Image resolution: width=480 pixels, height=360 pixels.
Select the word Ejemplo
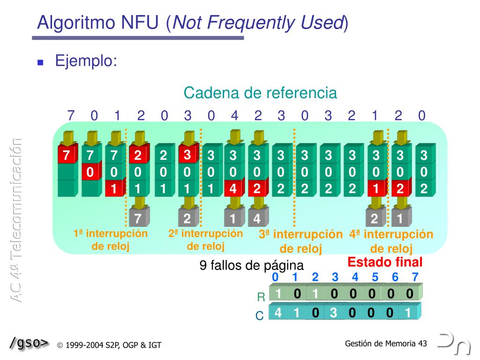(x=86, y=61)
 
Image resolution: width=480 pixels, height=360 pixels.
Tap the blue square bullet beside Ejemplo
(x=40, y=62)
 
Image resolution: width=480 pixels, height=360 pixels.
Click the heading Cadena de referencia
(x=260, y=93)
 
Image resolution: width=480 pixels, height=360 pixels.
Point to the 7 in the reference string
(x=71, y=115)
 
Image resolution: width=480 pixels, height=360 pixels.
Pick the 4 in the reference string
(x=234, y=115)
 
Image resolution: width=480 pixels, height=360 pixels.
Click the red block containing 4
(x=233, y=188)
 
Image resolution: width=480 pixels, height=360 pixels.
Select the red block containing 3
(x=187, y=155)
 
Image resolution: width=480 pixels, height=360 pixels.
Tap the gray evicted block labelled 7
(x=138, y=218)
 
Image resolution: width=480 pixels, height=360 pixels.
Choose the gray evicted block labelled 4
(x=257, y=218)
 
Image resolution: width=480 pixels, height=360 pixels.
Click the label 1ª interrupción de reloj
(x=111, y=240)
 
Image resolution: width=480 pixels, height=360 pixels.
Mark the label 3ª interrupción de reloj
(x=300, y=241)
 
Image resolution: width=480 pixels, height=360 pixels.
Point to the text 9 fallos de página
(x=252, y=266)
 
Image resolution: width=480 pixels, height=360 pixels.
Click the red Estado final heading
(x=385, y=262)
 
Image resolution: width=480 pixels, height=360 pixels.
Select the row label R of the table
(x=261, y=297)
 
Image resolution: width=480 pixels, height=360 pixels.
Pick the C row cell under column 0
(x=278, y=313)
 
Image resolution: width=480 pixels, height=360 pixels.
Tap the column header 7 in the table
(x=415, y=277)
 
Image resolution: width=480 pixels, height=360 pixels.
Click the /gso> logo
(x=29, y=343)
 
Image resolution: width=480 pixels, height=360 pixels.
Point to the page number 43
(x=422, y=344)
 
